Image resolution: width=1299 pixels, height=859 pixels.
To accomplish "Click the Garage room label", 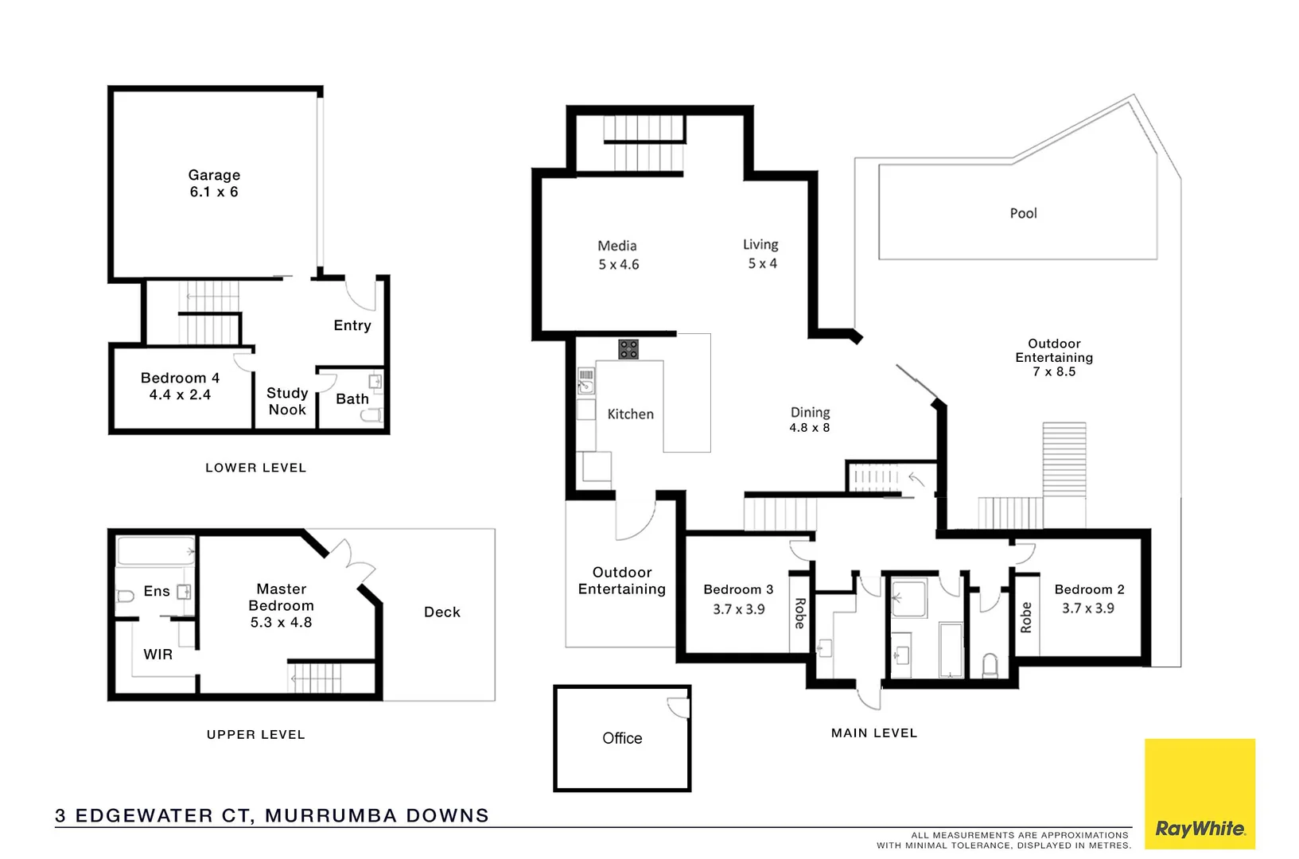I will (x=214, y=175).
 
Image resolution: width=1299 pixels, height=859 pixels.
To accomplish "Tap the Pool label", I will (x=1023, y=213).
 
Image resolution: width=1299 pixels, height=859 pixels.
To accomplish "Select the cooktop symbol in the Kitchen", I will (x=628, y=349).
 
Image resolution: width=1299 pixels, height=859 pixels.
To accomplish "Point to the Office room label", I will (x=622, y=738).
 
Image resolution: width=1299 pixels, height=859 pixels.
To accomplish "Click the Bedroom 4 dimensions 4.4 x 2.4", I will (x=180, y=395).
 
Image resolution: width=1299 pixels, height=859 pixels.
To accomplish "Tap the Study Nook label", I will (x=287, y=402).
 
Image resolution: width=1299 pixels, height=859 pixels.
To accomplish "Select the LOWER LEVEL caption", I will (x=255, y=468).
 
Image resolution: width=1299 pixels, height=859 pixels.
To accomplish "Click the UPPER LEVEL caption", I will (x=255, y=735).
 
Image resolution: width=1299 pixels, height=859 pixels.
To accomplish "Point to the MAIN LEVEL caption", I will (x=873, y=733).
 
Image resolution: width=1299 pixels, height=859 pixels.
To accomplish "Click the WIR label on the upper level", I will (x=158, y=655).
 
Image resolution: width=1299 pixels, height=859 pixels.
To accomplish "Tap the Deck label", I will (x=441, y=612).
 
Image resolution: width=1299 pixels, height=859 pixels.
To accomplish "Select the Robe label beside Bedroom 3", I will (x=800, y=613).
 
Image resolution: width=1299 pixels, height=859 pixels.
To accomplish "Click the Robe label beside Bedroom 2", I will (x=1026, y=617).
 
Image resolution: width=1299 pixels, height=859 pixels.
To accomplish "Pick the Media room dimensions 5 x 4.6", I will (x=618, y=265).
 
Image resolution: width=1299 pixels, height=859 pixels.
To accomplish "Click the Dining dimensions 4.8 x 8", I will (x=809, y=428).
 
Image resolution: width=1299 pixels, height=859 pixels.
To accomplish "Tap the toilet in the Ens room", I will (x=126, y=596).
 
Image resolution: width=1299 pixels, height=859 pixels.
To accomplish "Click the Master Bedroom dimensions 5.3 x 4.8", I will (x=281, y=623).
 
